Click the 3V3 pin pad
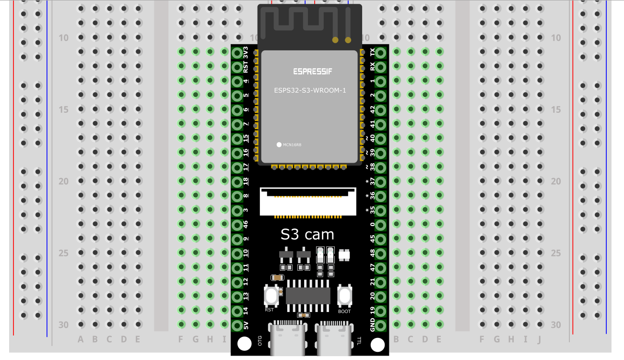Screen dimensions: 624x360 click(237, 53)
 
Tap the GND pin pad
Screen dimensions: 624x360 click(380, 325)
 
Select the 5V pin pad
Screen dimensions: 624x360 click(237, 325)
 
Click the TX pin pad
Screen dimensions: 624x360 click(380, 53)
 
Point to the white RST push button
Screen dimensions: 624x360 click(271, 296)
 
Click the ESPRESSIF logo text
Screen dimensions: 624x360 click(313, 72)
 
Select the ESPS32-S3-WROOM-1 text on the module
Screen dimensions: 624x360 click(310, 90)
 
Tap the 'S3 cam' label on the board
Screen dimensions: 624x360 click(307, 235)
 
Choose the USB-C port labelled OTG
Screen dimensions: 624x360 click(288, 338)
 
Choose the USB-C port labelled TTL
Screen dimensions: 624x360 click(334, 338)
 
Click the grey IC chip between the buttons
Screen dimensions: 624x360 click(308, 296)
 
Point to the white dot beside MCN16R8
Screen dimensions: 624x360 click(279, 144)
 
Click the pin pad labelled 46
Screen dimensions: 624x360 click(237, 225)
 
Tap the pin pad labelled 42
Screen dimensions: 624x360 click(380, 110)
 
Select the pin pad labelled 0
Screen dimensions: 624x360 click(380, 225)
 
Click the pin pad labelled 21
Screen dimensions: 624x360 click(380, 282)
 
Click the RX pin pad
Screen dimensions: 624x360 click(380, 67)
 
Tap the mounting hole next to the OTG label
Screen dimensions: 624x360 click(244, 344)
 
